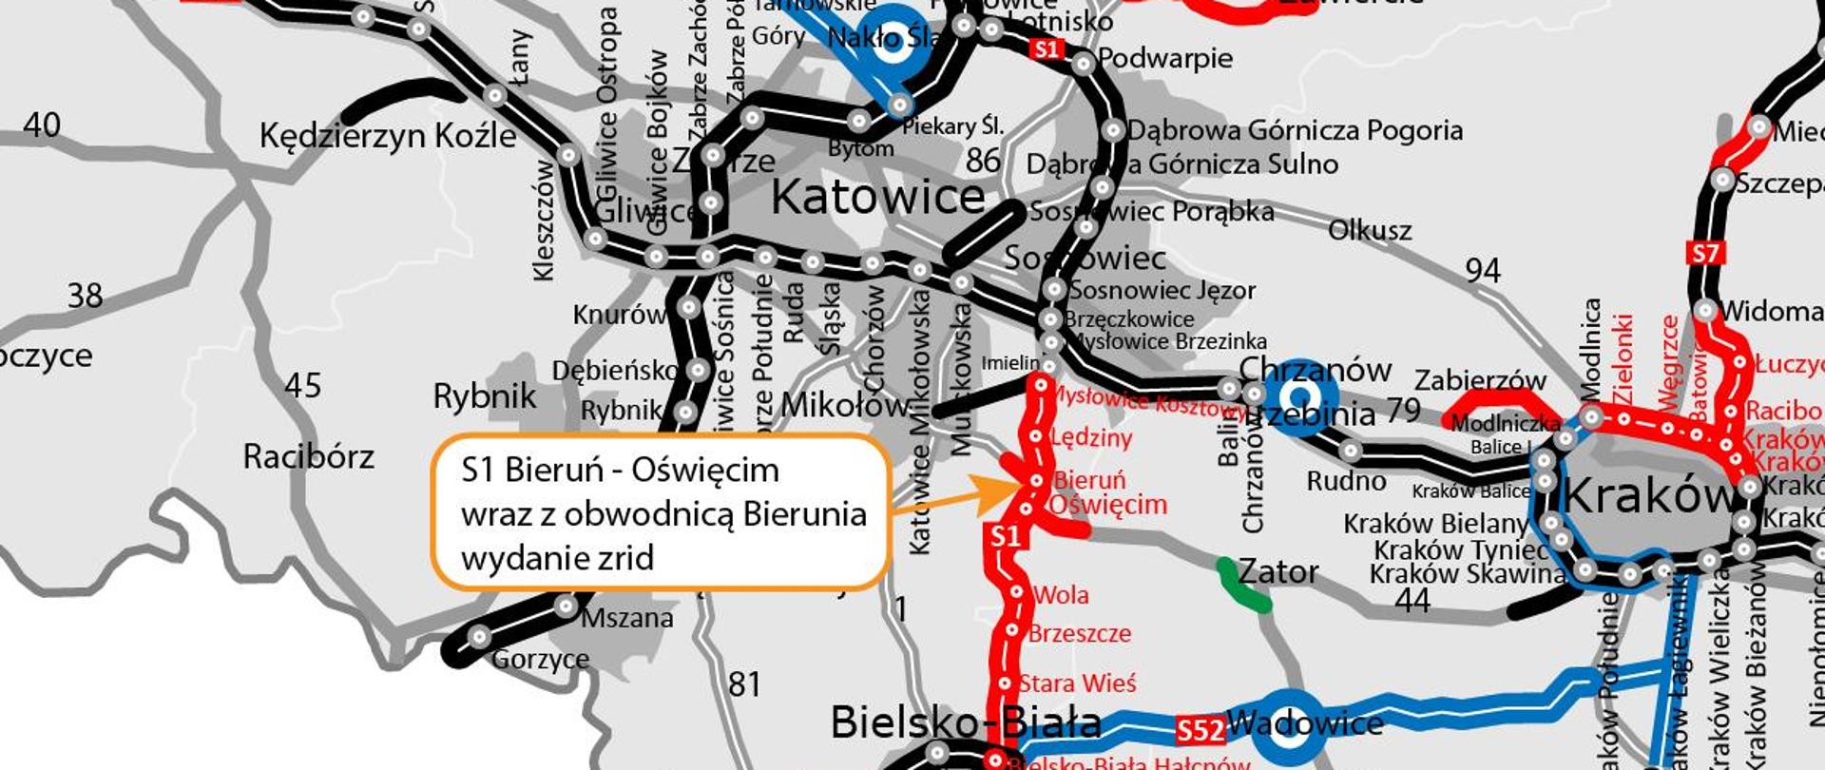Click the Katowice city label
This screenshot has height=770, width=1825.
point(877,197)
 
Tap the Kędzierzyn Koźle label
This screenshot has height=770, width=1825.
point(388,136)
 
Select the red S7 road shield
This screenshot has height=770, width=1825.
point(1705,254)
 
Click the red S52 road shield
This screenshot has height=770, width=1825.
point(1200,730)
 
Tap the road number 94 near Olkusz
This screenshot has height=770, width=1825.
point(1482,271)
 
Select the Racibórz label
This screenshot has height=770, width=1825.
point(308,457)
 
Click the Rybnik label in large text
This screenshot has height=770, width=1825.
point(484,396)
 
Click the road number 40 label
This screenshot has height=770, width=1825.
point(42,125)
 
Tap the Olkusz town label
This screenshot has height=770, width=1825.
point(1370,230)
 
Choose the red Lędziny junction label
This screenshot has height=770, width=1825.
point(1091,438)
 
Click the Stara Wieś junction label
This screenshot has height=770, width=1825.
point(1077,683)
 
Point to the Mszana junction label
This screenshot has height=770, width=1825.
point(626,619)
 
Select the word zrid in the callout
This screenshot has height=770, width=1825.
point(625,558)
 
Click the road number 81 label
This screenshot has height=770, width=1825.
point(744,684)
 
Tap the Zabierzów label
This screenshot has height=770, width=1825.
point(1480,381)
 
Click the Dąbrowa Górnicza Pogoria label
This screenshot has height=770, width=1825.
point(1295,130)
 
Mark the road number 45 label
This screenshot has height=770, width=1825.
point(302,386)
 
